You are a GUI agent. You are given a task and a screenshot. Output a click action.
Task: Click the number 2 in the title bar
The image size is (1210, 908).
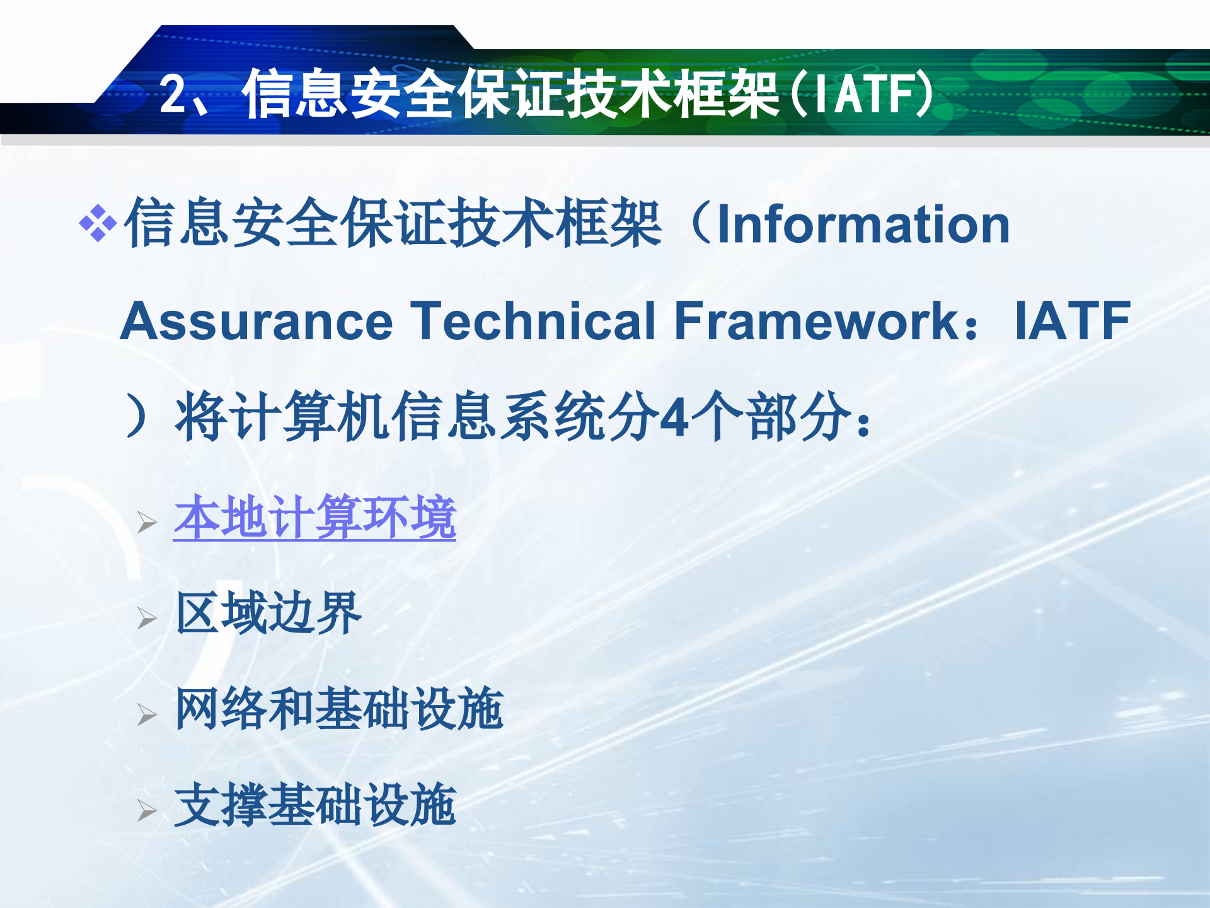coord(173,95)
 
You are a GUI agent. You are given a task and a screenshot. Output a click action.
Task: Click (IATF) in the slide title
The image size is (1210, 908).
coord(861,95)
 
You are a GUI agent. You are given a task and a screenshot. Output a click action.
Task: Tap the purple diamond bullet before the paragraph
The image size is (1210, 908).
coord(98,223)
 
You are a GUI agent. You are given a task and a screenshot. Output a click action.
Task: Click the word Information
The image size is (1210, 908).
coord(863,224)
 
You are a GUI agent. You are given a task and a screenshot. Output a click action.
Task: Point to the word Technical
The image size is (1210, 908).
coord(533,322)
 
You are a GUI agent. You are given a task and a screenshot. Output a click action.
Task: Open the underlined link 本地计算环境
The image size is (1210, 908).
coord(314,518)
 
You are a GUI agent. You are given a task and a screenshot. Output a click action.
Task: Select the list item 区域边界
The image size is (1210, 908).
coord(268,614)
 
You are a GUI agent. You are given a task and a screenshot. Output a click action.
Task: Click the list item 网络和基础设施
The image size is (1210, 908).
coord(339,709)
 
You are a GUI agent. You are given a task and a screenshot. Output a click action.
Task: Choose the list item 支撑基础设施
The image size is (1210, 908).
coord(314,805)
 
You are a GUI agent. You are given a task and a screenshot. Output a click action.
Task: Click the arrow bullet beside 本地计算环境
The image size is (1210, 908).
coord(146,523)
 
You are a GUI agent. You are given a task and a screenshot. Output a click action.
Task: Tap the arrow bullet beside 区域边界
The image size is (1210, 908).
coord(146,619)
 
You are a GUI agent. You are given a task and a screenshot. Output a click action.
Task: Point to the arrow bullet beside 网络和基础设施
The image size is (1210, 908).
coord(146,714)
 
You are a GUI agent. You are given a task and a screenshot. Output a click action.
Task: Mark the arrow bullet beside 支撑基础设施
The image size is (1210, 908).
coord(146,811)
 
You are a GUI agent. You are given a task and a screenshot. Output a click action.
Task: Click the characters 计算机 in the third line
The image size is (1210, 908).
coord(309,416)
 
